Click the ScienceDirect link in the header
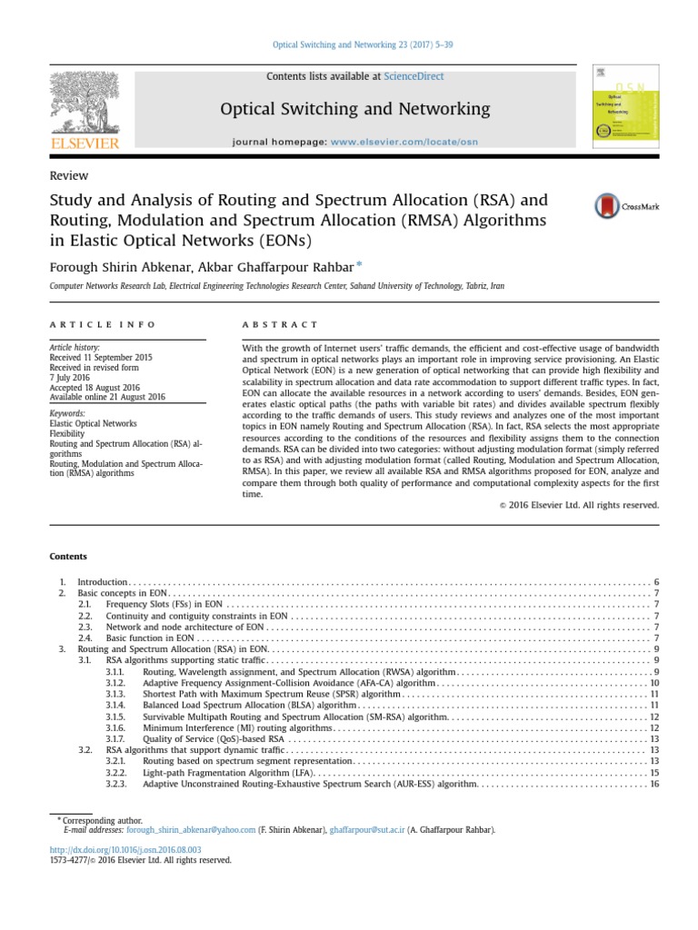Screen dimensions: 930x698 pyautogui.click(x=414, y=77)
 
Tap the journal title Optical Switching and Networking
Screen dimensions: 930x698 pyautogui.click(x=355, y=109)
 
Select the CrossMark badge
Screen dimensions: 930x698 pyautogui.click(x=627, y=207)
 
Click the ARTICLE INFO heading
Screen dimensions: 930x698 pyautogui.click(x=102, y=324)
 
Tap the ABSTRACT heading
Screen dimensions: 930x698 pyautogui.click(x=281, y=324)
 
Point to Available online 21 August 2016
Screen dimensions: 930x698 pyautogui.click(x=108, y=397)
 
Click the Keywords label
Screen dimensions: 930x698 pyautogui.click(x=68, y=413)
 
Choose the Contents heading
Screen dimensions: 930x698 pyautogui.click(x=68, y=556)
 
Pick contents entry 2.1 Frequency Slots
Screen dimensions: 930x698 pyautogui.click(x=164, y=604)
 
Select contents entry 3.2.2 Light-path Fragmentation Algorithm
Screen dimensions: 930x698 pyautogui.click(x=227, y=772)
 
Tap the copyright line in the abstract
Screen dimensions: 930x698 pyautogui.click(x=579, y=505)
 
